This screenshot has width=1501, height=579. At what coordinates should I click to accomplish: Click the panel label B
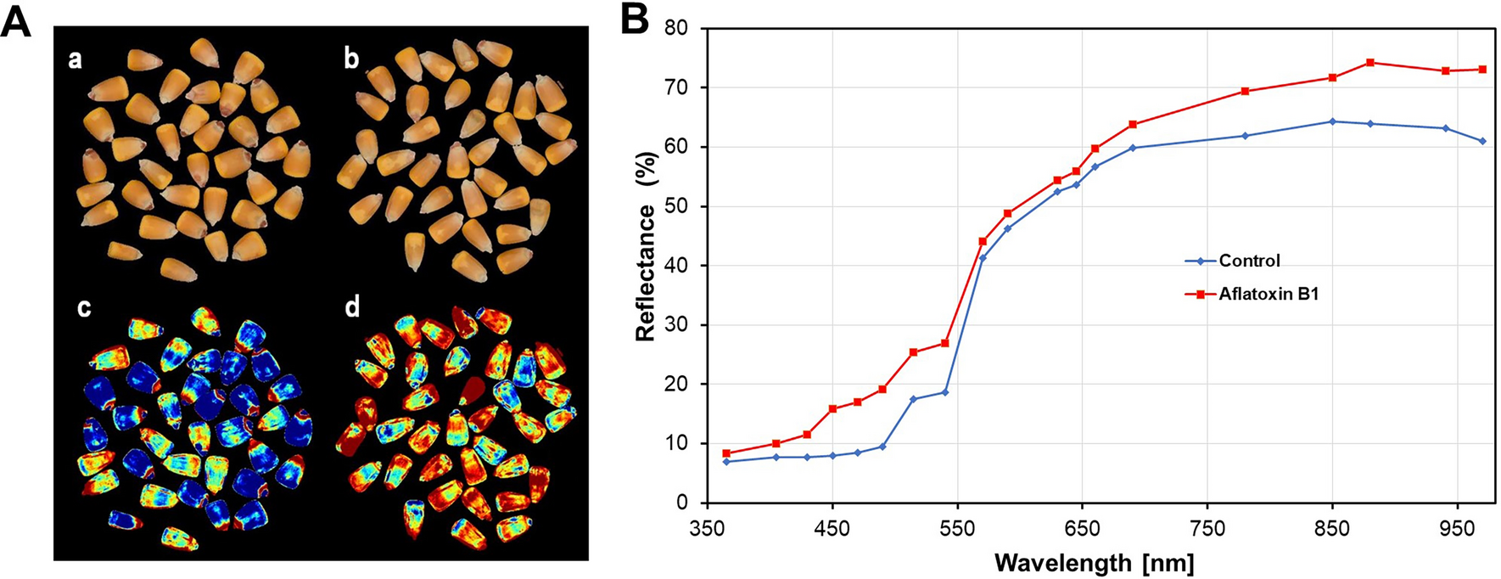coord(634,20)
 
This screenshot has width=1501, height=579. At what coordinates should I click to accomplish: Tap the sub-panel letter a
coord(76,59)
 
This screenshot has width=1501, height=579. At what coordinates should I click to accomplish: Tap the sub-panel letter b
coord(350,59)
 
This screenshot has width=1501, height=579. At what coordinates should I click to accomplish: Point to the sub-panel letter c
coord(84,307)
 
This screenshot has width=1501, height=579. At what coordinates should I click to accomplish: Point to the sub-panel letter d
coord(352,306)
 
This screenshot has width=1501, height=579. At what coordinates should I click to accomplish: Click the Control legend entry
coord(1248,261)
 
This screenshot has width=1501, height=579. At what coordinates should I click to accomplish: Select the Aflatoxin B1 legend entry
coord(1268,295)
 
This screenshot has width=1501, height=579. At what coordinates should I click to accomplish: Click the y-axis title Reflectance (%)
coord(647,246)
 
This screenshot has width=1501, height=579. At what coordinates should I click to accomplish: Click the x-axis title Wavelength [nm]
coord(1095,562)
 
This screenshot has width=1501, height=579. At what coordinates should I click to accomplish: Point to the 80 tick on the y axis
coord(675,28)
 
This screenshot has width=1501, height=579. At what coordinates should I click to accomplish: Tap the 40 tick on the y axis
coord(675,265)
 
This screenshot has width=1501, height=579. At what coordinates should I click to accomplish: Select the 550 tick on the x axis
coord(957,529)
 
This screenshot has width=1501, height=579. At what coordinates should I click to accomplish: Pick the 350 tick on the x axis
coord(707,529)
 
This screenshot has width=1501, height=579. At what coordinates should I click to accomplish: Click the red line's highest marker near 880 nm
coord(1370,63)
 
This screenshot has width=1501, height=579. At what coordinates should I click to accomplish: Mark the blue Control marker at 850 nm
coord(1332,121)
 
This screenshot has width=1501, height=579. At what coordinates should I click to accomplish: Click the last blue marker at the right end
coord(1483,141)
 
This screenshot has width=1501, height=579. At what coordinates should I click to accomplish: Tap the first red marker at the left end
coord(726,453)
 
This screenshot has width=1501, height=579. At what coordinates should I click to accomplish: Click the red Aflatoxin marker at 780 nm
coord(1245,91)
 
